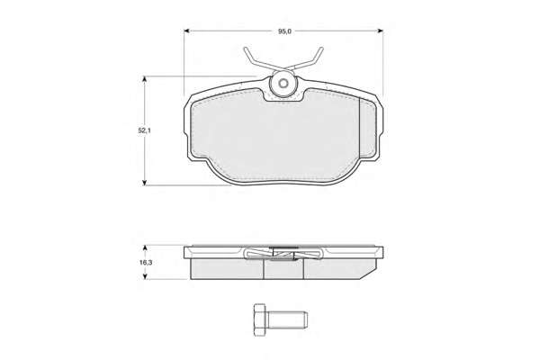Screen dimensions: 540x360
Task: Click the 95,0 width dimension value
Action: pos(284,31)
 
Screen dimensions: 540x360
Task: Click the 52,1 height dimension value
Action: pos(145,130)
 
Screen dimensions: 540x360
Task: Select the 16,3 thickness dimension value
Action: pos(146,263)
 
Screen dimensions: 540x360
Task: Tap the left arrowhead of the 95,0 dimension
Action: pos(187,31)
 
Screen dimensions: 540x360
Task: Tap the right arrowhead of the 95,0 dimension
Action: pos(380,31)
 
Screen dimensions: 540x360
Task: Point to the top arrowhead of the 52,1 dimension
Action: pos(145,79)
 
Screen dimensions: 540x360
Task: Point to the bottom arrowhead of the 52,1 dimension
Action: pos(145,182)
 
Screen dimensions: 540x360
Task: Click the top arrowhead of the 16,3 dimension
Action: pos(145,248)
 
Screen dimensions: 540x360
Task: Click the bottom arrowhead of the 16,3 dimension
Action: pos(145,276)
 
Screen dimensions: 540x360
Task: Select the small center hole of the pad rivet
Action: pos(283,84)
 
